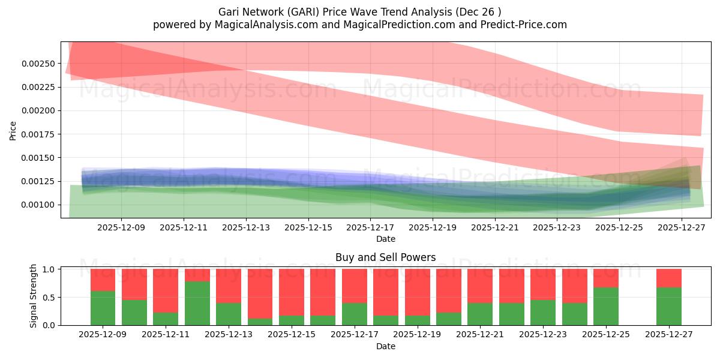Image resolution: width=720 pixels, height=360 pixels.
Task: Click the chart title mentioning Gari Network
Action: (x=359, y=11)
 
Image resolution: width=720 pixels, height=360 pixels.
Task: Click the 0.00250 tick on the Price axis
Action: (x=38, y=64)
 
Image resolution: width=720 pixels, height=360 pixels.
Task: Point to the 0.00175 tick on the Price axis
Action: (x=38, y=134)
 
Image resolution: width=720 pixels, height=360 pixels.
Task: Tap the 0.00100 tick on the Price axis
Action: (x=38, y=205)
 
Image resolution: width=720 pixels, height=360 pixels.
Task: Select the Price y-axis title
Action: (x=13, y=130)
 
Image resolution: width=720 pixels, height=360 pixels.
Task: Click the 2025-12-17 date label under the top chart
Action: (x=370, y=228)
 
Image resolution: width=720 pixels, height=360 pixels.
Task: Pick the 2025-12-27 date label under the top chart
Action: (x=682, y=228)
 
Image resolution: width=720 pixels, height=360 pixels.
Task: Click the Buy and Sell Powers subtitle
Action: (x=385, y=257)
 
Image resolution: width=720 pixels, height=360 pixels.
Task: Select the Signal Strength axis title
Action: (x=34, y=296)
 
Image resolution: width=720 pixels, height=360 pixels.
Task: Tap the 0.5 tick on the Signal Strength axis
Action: (x=49, y=297)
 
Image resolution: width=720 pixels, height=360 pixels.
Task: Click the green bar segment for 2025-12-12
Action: (x=197, y=303)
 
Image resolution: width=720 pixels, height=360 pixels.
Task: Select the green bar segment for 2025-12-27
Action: (x=668, y=306)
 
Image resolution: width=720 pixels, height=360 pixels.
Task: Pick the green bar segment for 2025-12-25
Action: (x=605, y=306)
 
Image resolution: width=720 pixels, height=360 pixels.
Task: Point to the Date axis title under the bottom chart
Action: (x=385, y=346)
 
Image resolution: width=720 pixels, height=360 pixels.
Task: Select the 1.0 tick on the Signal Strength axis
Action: (x=49, y=269)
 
